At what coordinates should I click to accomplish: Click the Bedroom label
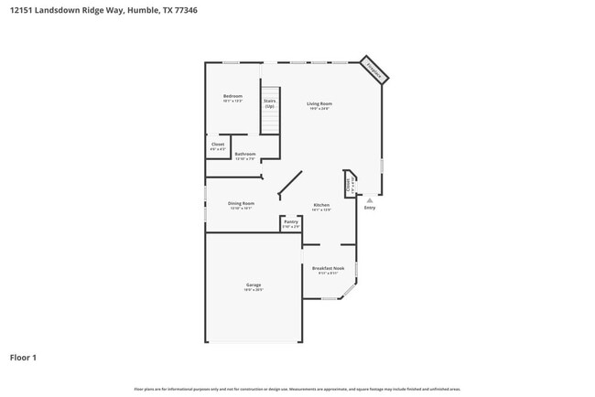click(x=233, y=95)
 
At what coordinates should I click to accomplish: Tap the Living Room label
click(x=319, y=103)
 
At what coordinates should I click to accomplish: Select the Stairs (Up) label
click(x=270, y=103)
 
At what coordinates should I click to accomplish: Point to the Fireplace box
click(x=375, y=69)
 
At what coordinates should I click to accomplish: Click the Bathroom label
click(x=244, y=154)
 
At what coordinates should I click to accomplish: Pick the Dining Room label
click(x=242, y=202)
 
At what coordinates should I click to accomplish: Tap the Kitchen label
click(x=321, y=204)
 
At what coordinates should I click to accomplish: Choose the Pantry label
click(x=291, y=221)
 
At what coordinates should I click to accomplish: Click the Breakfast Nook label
click(x=329, y=268)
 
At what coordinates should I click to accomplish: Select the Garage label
click(x=254, y=284)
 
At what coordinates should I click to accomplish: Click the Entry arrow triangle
click(x=370, y=198)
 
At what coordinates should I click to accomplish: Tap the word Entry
click(x=370, y=208)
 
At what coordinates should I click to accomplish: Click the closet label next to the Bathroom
click(x=218, y=145)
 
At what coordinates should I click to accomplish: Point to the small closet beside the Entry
click(x=349, y=183)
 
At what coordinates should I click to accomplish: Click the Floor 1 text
click(x=24, y=357)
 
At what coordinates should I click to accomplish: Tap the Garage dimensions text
click(x=254, y=290)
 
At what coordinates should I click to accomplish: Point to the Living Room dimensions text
click(x=319, y=109)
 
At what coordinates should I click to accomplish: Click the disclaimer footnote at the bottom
click(x=297, y=388)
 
